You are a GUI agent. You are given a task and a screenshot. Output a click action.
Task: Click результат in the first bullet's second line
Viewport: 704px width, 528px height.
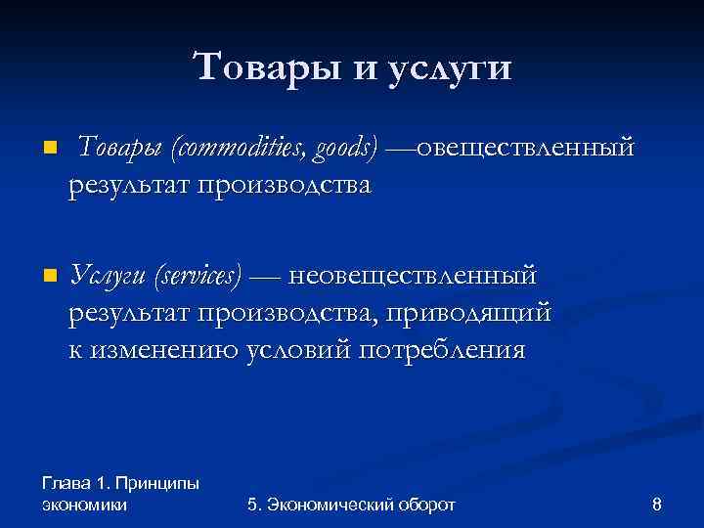(130, 185)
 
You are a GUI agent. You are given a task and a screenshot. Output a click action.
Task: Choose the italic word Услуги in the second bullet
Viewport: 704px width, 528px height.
(110, 278)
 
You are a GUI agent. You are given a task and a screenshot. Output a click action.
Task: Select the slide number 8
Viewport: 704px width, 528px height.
(656, 505)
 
